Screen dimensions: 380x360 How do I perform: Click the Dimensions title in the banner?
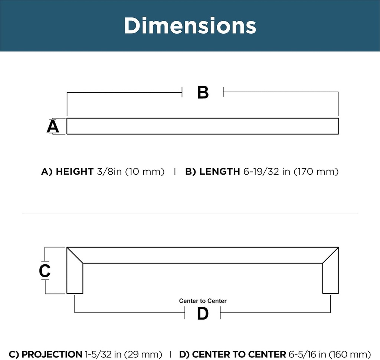(x=190, y=26)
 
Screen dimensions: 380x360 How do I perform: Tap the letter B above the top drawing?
(x=203, y=92)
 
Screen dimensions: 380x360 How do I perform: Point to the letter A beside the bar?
(x=53, y=127)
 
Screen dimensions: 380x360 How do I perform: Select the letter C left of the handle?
(x=45, y=270)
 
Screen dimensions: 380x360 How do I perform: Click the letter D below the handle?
(x=203, y=314)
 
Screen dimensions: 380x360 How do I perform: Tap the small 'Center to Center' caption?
(x=203, y=301)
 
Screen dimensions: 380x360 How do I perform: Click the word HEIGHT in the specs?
(x=75, y=171)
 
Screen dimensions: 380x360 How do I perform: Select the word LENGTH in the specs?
(x=220, y=171)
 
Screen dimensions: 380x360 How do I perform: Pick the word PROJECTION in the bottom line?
(x=52, y=354)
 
